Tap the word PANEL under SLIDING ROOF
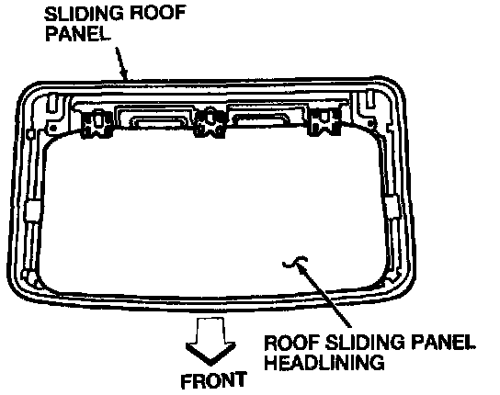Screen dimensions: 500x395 pyautogui.click(x=77, y=33)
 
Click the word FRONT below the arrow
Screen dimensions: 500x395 pyautogui.click(x=213, y=380)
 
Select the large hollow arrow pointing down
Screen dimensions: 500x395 pyautogui.click(x=210, y=342)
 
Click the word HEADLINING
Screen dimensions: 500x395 pyautogui.click(x=324, y=362)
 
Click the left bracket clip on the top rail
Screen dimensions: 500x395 pyautogui.click(x=97, y=123)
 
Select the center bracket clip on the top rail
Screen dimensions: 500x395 pyautogui.click(x=210, y=123)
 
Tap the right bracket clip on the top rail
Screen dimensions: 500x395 pyautogui.click(x=324, y=121)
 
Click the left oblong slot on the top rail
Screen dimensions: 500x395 pyautogui.click(x=155, y=123)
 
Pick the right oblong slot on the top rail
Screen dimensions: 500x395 pyautogui.click(x=261, y=119)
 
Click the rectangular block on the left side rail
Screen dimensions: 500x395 pyautogui.click(x=32, y=210)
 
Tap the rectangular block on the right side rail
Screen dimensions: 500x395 pyautogui.click(x=392, y=207)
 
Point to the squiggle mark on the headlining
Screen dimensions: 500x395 pyautogui.click(x=295, y=262)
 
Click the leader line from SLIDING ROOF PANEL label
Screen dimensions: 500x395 pyautogui.click(x=122, y=63)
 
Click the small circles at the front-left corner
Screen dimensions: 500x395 pyautogui.click(x=28, y=276)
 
